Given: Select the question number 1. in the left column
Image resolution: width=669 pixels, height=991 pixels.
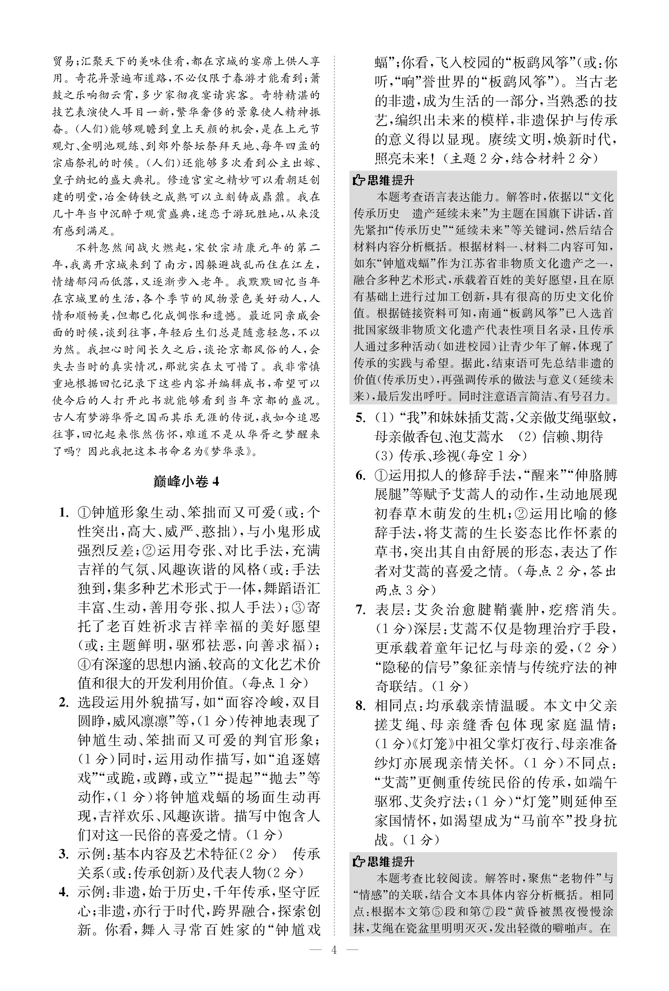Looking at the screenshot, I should coord(64,512).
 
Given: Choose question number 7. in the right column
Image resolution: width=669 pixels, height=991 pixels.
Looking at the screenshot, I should coord(360,609).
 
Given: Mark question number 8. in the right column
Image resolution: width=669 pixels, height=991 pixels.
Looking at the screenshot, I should coord(360,705).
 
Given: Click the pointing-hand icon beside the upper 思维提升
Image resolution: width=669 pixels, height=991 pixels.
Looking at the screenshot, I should coord(358,181).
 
